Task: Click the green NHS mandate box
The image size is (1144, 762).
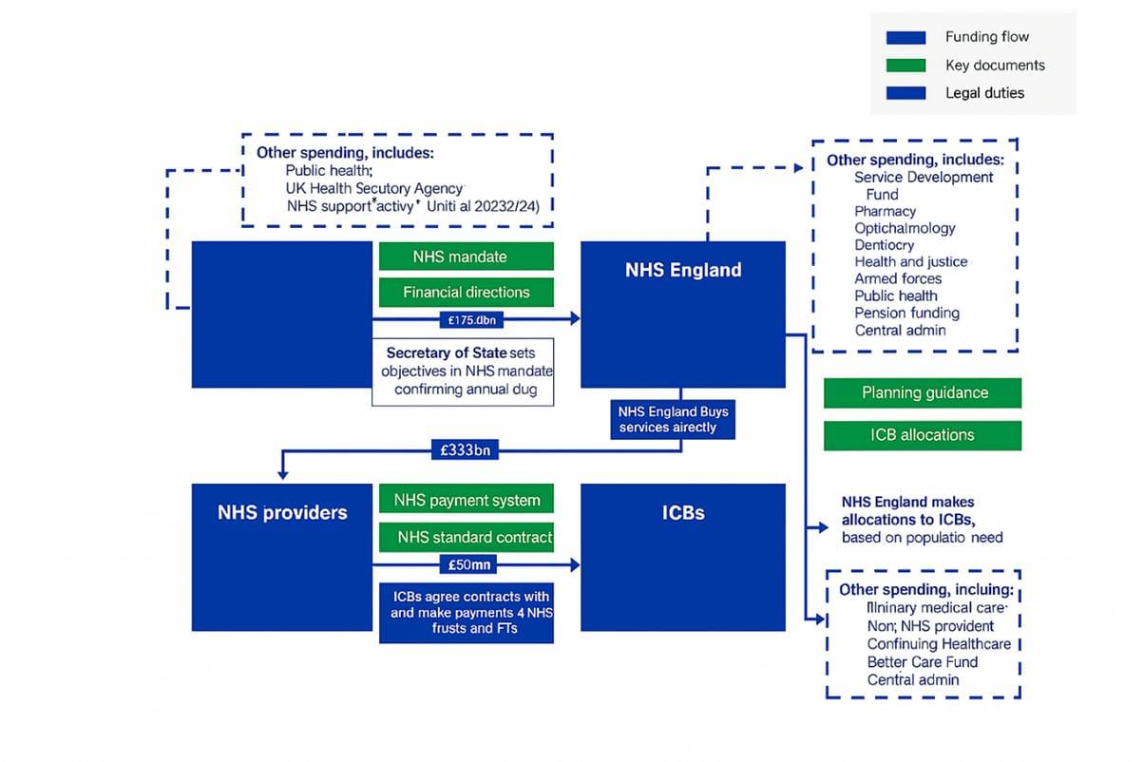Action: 466,257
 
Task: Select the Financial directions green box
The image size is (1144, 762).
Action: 466,292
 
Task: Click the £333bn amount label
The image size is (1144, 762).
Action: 466,450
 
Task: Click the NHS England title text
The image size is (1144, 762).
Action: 682,270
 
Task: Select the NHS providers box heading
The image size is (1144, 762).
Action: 282,512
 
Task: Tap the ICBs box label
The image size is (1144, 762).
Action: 682,512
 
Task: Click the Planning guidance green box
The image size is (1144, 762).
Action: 923,392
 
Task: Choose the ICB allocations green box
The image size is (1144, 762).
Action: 923,435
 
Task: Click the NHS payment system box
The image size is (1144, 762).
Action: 466,500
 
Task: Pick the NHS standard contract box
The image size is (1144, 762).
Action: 466,537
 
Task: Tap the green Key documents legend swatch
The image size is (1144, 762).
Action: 906,66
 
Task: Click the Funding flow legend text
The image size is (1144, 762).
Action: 986,37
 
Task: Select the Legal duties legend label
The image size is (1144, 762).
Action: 984,93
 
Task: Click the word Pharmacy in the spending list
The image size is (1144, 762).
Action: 885,211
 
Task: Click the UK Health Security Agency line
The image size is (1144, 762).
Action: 374,188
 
